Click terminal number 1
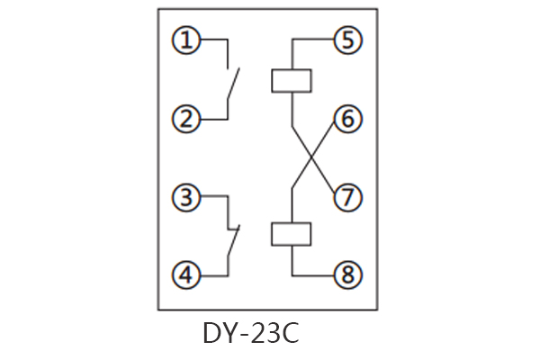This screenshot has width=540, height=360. click(x=185, y=40)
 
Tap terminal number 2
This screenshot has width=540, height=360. click(x=185, y=119)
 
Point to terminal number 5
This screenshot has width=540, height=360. click(x=346, y=40)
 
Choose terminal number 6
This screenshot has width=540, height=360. click(x=346, y=119)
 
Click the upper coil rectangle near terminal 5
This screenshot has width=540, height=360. click(x=292, y=80)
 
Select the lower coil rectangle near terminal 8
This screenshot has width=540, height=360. click(x=292, y=234)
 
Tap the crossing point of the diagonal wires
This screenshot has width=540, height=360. click(x=312, y=157)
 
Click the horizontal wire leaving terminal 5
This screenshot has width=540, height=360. click(x=313, y=40)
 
